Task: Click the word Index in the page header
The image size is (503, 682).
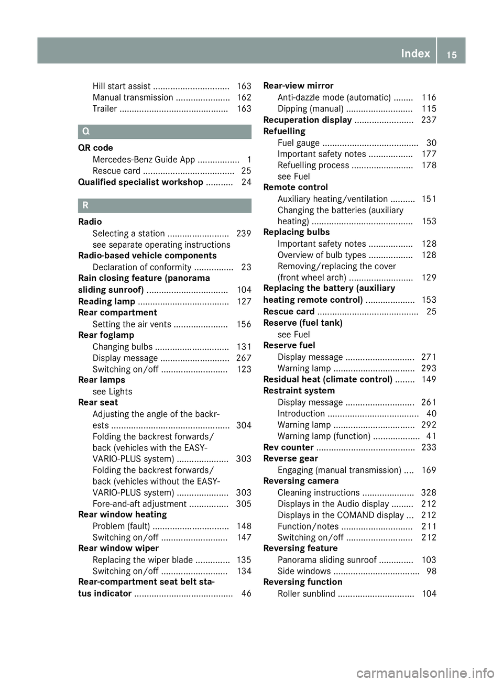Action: point(415,53)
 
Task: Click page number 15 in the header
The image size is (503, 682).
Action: point(452,54)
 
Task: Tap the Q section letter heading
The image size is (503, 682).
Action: point(86,132)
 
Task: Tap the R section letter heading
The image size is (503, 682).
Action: point(85,206)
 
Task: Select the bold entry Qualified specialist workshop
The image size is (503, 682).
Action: point(140,182)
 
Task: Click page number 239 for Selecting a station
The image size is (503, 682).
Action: point(244,234)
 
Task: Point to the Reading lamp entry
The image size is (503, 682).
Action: point(106,302)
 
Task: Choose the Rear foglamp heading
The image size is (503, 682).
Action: point(106,335)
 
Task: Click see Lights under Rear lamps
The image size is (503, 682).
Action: point(112,392)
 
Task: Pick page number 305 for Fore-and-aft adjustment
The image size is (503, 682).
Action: point(244,504)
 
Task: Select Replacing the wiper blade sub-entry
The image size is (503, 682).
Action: point(143,560)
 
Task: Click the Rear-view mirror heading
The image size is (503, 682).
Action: point(298,86)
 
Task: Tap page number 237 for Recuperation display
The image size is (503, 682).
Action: point(429,120)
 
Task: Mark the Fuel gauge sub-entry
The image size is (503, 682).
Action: point(299,143)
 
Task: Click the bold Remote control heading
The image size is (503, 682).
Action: point(296,188)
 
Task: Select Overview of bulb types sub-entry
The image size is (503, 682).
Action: point(322,255)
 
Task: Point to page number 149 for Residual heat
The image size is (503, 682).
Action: point(429,379)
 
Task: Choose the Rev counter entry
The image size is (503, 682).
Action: point(288,447)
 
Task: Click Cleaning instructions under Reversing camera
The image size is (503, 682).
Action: point(319,493)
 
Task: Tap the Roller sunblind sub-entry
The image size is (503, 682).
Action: point(307,594)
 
